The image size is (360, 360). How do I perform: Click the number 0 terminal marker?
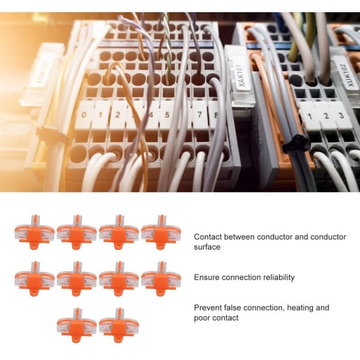coord(84,115)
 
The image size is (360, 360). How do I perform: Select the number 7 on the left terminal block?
coord(200,114)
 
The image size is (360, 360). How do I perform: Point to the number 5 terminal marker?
coord(167,115)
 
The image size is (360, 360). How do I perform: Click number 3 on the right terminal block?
coord(341,115)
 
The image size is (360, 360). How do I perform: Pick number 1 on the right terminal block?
coord(310,116)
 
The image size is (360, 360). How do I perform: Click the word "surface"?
coord(207,247)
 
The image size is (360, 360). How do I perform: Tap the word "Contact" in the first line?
coord(208,237)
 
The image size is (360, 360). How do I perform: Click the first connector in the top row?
coord(34,232)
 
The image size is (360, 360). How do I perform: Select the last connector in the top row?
coord(161,232)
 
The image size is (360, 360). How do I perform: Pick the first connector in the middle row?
coord(34,278)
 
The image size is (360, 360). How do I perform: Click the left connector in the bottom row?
coord(77,325)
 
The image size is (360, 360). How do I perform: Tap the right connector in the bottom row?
coord(119,325)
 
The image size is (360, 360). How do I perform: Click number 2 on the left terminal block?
coord(118,115)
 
